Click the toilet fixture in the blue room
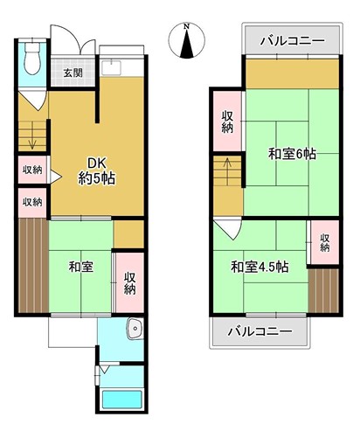[x=32, y=59]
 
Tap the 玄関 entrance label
[x=73, y=73]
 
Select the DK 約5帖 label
[x=97, y=171]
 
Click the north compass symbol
[x=187, y=40]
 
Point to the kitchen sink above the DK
[x=110, y=67]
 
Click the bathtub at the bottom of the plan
[x=122, y=400]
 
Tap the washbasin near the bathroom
[x=135, y=329]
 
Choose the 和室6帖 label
[x=292, y=154]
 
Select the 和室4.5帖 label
[x=260, y=267]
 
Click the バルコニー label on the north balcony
[x=292, y=40]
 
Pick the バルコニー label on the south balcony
[x=260, y=331]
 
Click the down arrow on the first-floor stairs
[x=32, y=136]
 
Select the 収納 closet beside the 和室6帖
[x=227, y=122]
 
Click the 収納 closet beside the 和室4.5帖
[x=325, y=242]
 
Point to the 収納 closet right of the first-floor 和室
[x=130, y=282]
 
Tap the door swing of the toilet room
[x=32, y=100]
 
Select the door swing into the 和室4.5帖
[x=227, y=229]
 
